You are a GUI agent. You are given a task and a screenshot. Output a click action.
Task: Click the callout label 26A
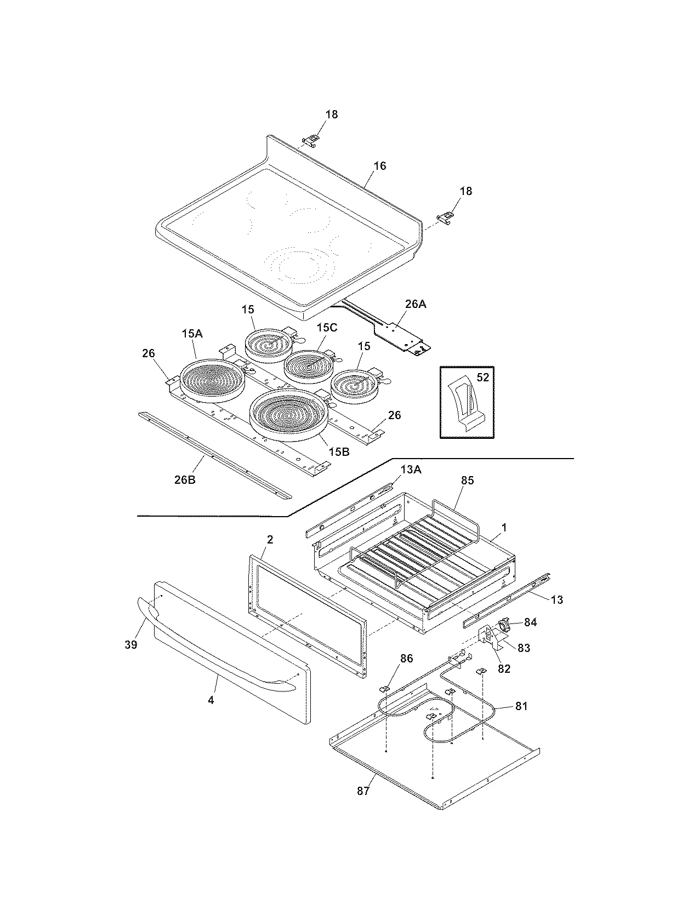(x=414, y=304)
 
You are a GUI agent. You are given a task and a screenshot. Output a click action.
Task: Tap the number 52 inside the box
(x=482, y=377)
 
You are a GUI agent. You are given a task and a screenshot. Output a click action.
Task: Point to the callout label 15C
(x=327, y=327)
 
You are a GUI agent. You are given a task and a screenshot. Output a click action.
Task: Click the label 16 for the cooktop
(x=380, y=165)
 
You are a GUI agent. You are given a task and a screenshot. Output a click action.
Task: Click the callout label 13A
(x=412, y=470)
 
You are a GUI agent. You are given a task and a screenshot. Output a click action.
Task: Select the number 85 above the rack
(x=467, y=480)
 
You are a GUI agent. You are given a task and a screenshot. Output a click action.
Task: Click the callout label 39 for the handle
(x=130, y=645)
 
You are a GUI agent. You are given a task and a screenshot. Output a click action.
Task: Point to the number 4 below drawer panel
(x=211, y=700)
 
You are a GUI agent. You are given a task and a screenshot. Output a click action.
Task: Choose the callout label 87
(x=363, y=791)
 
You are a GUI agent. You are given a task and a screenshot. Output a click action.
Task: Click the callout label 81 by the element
(x=521, y=706)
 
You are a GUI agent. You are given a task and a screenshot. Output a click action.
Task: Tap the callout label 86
(x=406, y=659)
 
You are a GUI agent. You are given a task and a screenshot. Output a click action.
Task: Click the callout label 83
(x=524, y=648)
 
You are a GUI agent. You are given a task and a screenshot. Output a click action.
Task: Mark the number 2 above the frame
(x=270, y=539)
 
